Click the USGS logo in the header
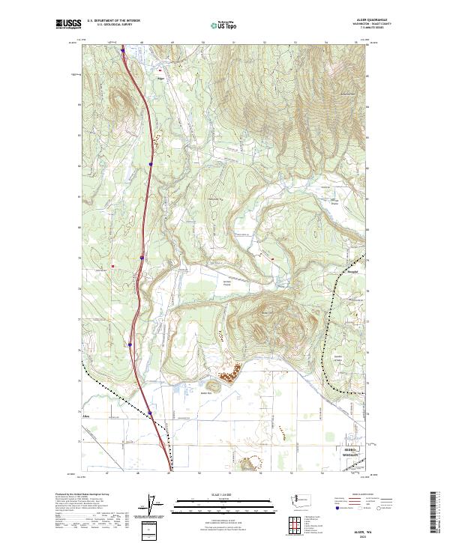click(68, 24)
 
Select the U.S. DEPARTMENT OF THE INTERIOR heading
click(113, 21)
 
